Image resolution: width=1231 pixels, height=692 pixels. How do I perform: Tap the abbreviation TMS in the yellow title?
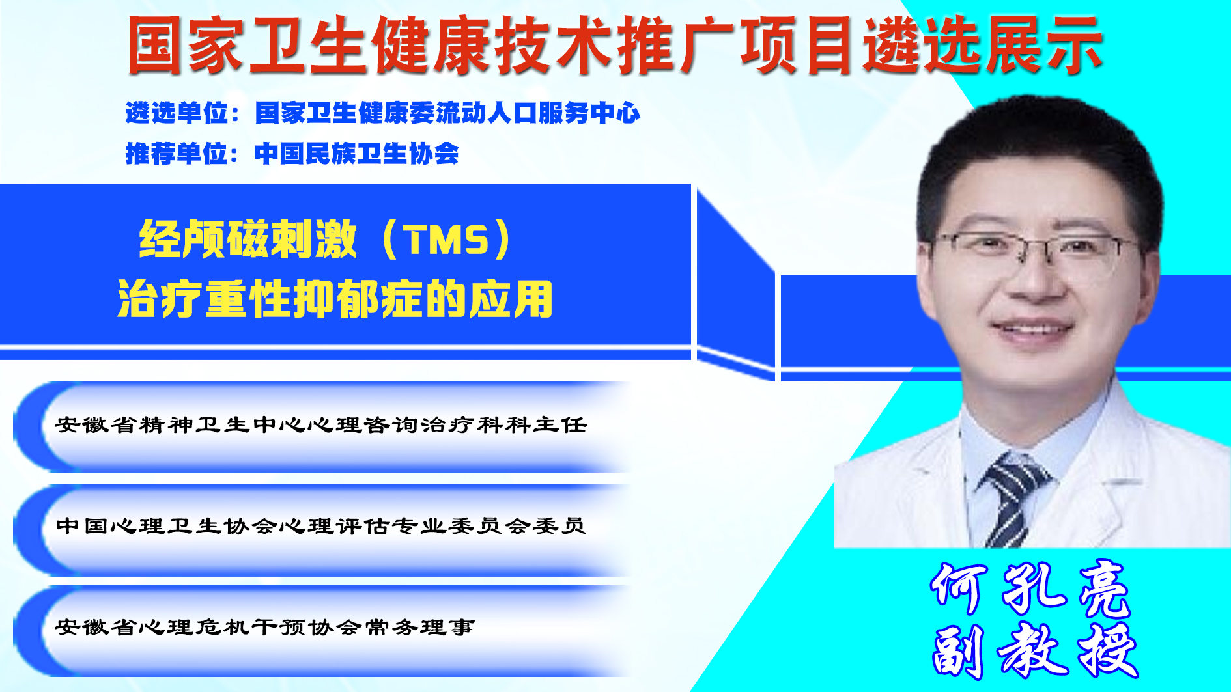446,240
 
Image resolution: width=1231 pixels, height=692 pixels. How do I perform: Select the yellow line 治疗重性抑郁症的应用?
335,299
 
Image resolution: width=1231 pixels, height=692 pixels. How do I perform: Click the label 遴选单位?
177,113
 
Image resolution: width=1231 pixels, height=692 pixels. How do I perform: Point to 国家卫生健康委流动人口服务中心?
447,113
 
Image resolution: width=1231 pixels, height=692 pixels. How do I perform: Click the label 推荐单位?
177,154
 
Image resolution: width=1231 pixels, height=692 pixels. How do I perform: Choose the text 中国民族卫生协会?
357,154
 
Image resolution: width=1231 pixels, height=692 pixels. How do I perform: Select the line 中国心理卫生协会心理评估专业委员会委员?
321,525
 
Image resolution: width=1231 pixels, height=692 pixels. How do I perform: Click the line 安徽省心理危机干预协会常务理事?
265,627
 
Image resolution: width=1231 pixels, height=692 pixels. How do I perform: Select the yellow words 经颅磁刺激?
248,240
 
